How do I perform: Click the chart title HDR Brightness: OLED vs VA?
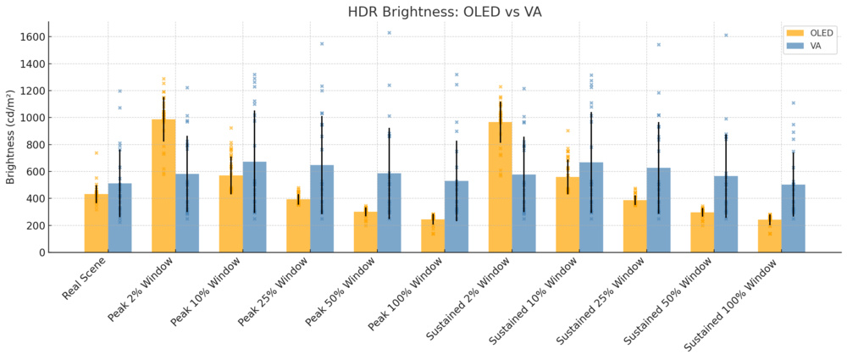[445, 12]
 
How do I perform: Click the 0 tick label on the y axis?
[41, 252]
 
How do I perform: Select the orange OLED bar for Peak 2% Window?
[163, 186]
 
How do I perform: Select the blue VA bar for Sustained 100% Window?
[794, 219]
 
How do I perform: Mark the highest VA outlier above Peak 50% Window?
[389, 33]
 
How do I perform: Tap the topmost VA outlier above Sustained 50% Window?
[726, 35]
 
